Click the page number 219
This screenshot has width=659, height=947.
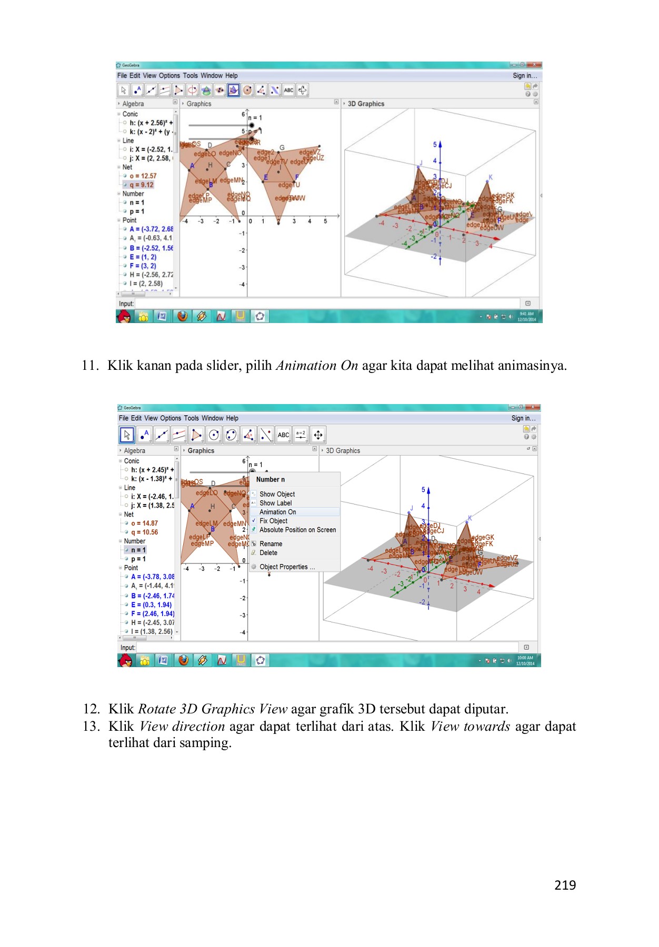[x=565, y=885]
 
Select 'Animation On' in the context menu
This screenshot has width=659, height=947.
[x=277, y=512]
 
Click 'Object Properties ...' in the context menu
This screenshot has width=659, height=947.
[x=287, y=567]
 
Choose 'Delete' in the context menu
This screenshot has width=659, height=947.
[x=268, y=553]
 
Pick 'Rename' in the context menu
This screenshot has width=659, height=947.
[x=271, y=544]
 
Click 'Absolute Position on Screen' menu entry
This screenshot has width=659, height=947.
[x=297, y=530]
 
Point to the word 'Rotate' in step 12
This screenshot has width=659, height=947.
[x=157, y=709]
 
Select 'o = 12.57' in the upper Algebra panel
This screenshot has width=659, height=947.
[x=143, y=176]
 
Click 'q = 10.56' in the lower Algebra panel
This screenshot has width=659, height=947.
[x=145, y=532]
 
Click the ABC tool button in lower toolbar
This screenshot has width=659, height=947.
[x=283, y=435]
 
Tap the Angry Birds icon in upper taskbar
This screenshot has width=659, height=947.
[x=124, y=316]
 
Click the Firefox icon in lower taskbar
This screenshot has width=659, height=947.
[x=183, y=660]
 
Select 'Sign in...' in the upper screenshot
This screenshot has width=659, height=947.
[x=525, y=76]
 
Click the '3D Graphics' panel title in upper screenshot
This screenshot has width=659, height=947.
[x=366, y=104]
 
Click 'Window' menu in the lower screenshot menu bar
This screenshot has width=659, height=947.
[x=212, y=418]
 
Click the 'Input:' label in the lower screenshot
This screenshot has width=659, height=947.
[x=128, y=648]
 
